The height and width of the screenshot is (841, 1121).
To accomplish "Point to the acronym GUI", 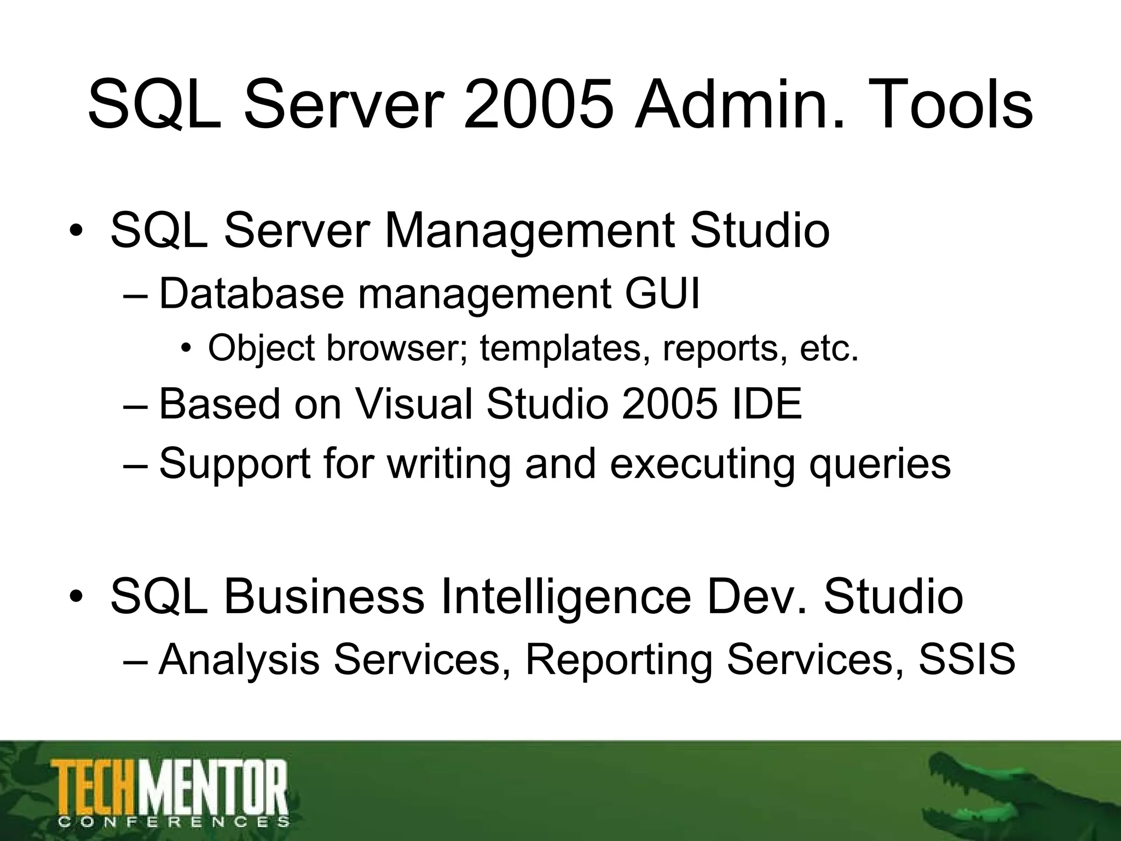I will tap(662, 294).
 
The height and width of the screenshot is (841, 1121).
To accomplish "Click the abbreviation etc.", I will tap(829, 348).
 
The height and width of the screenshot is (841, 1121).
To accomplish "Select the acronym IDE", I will tap(766, 404).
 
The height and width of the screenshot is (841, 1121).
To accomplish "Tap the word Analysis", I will tap(239, 660).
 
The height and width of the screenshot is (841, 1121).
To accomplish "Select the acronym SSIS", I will tap(967, 659).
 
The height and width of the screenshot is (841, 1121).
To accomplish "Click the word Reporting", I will tap(619, 660).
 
